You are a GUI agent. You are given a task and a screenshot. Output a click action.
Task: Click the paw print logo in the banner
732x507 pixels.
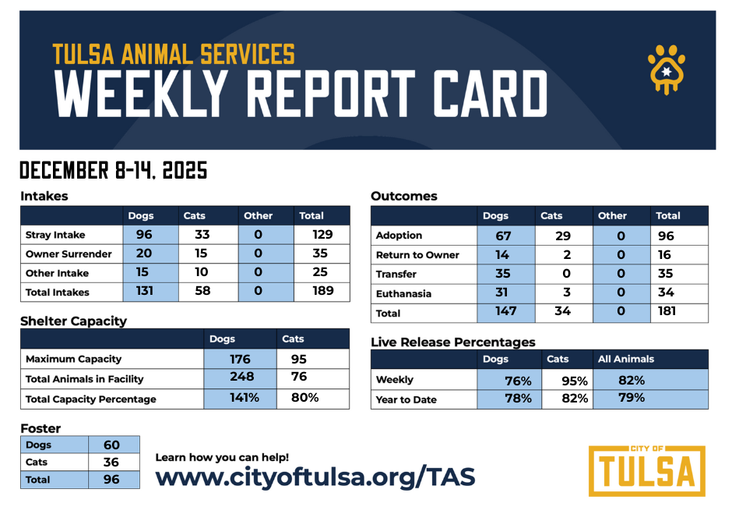(667, 68)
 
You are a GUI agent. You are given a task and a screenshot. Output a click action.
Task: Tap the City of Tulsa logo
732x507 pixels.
(646, 470)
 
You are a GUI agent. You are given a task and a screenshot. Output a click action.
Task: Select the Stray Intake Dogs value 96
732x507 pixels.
(143, 234)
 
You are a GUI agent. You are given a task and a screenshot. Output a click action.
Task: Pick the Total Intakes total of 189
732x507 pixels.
(322, 291)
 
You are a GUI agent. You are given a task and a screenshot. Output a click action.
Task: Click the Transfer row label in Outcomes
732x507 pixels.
(396, 275)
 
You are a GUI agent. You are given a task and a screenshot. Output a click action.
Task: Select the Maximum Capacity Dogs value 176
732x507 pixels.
(240, 360)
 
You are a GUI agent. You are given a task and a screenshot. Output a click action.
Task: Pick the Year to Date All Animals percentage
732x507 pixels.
(632, 398)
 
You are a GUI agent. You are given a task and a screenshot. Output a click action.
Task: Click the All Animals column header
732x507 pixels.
(626, 360)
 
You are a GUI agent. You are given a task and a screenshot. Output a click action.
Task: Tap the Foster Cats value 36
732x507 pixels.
(111, 462)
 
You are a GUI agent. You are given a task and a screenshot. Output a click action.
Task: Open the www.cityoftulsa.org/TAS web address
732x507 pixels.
(315, 476)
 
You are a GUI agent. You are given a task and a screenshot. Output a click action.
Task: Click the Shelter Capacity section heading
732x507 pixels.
(73, 321)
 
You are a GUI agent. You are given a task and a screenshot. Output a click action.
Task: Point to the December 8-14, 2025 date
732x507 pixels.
(114, 170)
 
